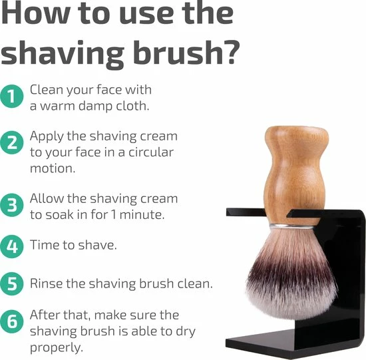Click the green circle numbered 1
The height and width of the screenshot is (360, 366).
click(x=12, y=96)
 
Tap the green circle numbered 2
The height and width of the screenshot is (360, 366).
click(x=12, y=142)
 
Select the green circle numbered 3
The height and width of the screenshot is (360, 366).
click(x=12, y=205)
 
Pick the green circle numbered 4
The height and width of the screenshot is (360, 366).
click(x=12, y=246)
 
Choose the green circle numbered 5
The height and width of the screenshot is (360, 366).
click(x=12, y=283)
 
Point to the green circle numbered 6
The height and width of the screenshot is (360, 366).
click(x=12, y=321)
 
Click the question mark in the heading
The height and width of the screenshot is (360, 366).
click(x=232, y=52)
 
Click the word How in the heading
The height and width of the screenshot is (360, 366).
click(x=36, y=12)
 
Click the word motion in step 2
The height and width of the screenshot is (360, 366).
click(x=53, y=168)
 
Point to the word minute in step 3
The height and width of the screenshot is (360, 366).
click(x=142, y=215)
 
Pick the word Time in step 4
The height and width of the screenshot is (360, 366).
click(x=44, y=245)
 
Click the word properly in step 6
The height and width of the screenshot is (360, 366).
click(x=57, y=348)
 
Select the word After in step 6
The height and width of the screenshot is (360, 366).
click(x=45, y=315)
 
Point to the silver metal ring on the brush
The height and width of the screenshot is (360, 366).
click(x=295, y=226)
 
